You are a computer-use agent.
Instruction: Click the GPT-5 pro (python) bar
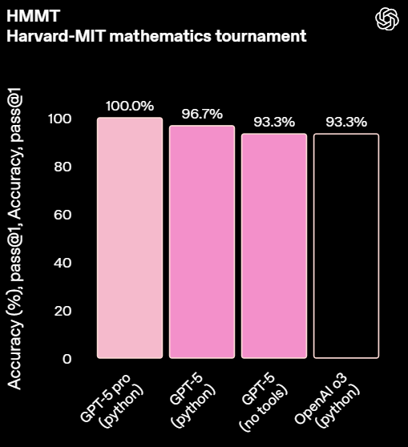tap(130, 238)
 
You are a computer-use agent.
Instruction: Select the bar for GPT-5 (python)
tap(202, 242)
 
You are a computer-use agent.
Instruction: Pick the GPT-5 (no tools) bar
tap(274, 246)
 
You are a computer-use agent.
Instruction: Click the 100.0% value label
tap(130, 106)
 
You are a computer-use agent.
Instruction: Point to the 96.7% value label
tap(202, 114)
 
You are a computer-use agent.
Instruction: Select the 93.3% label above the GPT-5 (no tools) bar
tap(274, 122)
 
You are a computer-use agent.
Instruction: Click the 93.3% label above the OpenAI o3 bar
tap(346, 122)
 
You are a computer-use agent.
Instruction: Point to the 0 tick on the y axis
tap(67, 359)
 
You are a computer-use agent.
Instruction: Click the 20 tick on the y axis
tap(63, 311)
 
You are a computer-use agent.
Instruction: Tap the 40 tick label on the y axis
tap(63, 263)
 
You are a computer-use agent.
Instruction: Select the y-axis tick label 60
tap(63, 215)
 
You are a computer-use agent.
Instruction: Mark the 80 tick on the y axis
tap(63, 167)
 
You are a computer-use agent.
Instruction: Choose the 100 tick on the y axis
tap(59, 119)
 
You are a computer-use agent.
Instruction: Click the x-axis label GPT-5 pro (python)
tap(111, 401)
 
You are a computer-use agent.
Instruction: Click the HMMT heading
tap(33, 16)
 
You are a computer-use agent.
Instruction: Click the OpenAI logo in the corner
tap(387, 18)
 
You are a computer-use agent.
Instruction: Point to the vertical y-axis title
tap(14, 239)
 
